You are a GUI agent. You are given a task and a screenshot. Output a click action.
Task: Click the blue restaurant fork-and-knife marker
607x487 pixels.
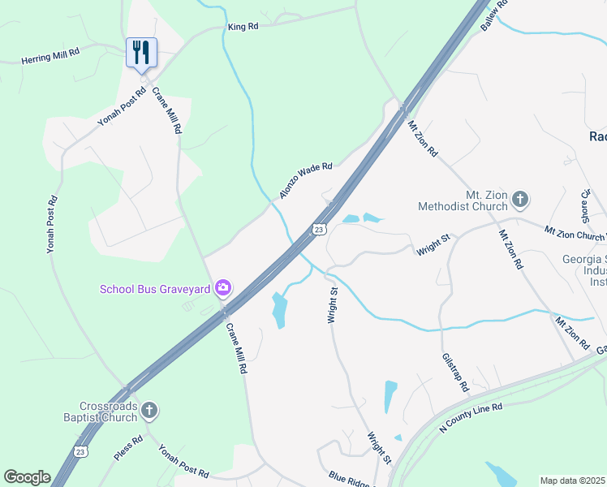[141, 53]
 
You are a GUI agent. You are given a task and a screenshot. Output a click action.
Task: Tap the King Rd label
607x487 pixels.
[243, 27]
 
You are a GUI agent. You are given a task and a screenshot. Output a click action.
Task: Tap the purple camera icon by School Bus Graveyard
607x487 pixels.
[222, 288]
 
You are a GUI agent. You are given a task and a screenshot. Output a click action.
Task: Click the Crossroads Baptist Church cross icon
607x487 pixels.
[149, 412]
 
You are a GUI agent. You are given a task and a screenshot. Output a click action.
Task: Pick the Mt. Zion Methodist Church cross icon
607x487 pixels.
[520, 198]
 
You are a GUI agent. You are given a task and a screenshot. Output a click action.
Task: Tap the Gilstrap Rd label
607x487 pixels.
[456, 373]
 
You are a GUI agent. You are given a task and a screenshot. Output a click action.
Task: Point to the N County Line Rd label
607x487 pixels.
[471, 416]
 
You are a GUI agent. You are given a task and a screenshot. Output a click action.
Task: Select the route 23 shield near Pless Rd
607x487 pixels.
[80, 452]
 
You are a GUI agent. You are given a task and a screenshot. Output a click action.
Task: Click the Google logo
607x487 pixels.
[28, 477]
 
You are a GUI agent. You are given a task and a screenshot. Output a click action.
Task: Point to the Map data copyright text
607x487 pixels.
[573, 481]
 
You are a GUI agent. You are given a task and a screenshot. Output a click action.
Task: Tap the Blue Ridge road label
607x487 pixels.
[350, 480]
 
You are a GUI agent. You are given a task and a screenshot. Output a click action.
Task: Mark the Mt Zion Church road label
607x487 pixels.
[575, 234]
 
